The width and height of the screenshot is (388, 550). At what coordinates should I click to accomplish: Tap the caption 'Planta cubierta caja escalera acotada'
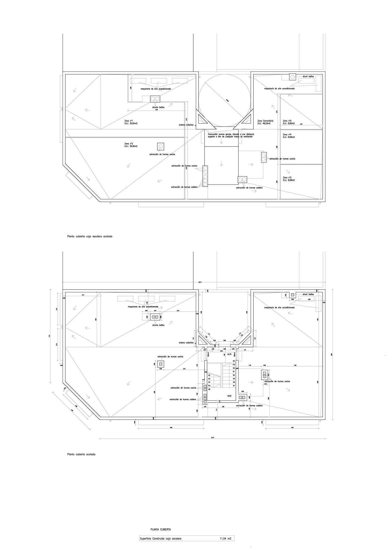point(90,236)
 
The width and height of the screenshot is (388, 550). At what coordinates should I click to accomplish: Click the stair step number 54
point(234,361)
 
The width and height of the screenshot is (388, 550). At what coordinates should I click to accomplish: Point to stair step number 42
point(209,375)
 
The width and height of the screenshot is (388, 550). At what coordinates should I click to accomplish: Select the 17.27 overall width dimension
point(212,437)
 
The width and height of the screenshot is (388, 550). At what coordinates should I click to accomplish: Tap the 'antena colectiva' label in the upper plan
point(186,125)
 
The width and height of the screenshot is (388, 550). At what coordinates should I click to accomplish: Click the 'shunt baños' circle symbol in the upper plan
point(292,77)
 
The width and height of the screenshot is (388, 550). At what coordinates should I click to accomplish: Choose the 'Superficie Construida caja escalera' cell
point(161,539)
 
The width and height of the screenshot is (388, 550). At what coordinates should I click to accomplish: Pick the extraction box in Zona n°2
point(161,146)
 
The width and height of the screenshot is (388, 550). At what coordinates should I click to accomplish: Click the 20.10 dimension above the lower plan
point(200,282)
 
